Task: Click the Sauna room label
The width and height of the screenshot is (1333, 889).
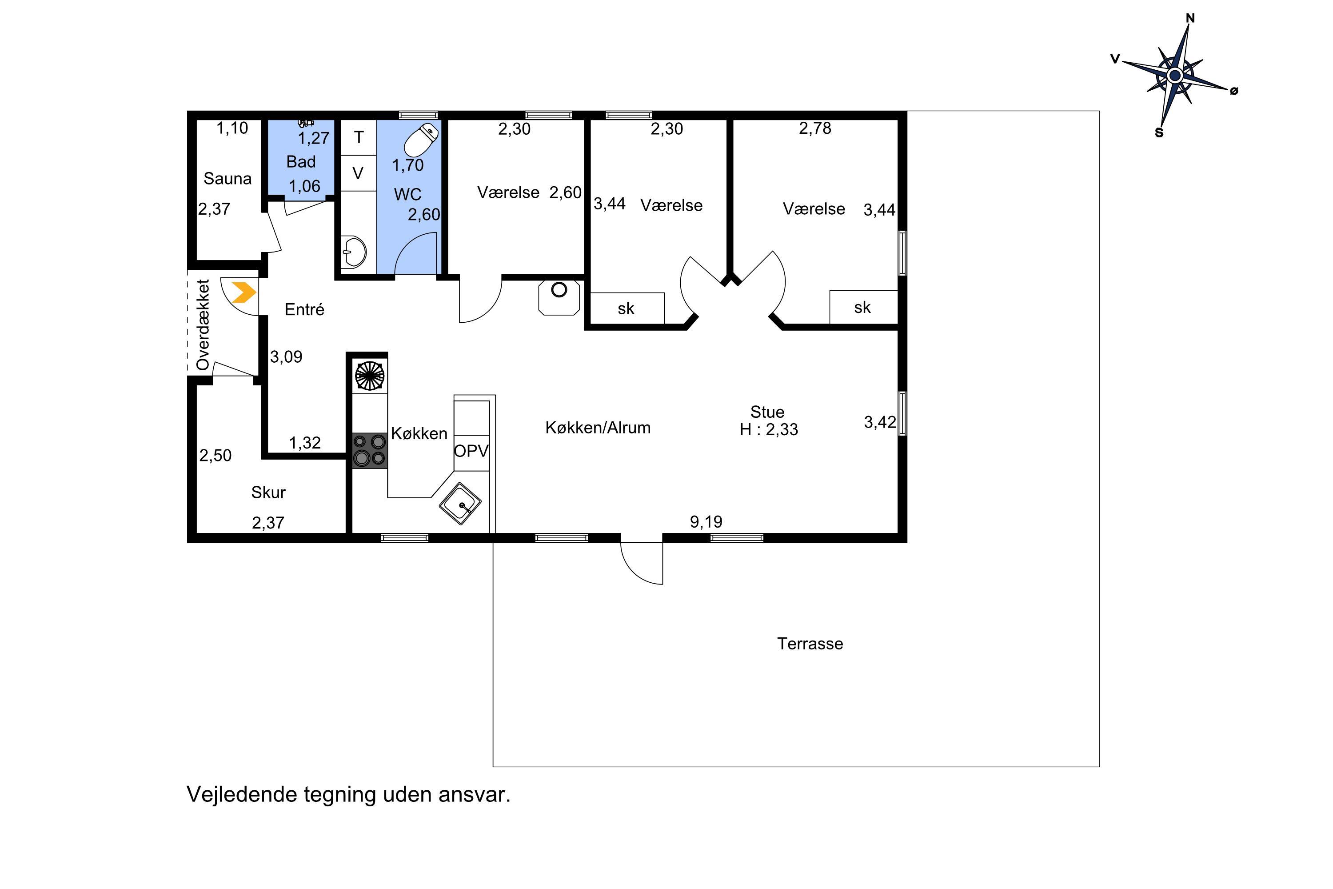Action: [227, 179]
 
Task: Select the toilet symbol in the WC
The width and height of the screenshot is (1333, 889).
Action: [422, 140]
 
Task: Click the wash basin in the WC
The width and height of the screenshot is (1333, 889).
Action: [354, 251]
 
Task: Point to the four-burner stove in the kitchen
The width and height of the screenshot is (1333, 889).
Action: [370, 451]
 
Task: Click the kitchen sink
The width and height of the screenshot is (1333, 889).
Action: [460, 504]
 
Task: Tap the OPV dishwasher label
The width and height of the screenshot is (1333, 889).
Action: [471, 451]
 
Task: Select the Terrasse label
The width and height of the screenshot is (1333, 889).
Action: [810, 644]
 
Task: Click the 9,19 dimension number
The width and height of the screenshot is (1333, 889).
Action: [706, 521]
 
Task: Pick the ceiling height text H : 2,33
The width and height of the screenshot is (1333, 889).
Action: [769, 429]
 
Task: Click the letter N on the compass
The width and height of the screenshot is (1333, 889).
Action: [1190, 18]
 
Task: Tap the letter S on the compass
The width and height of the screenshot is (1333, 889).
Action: [1159, 132]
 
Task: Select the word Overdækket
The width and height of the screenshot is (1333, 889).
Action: [203, 325]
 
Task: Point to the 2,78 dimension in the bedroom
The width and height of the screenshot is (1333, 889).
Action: [815, 128]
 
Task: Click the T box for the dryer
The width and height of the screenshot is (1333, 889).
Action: [358, 137]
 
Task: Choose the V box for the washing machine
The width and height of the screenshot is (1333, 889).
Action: [358, 173]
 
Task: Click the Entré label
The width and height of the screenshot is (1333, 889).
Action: [304, 309]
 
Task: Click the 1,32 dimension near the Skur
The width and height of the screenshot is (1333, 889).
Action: [305, 443]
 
